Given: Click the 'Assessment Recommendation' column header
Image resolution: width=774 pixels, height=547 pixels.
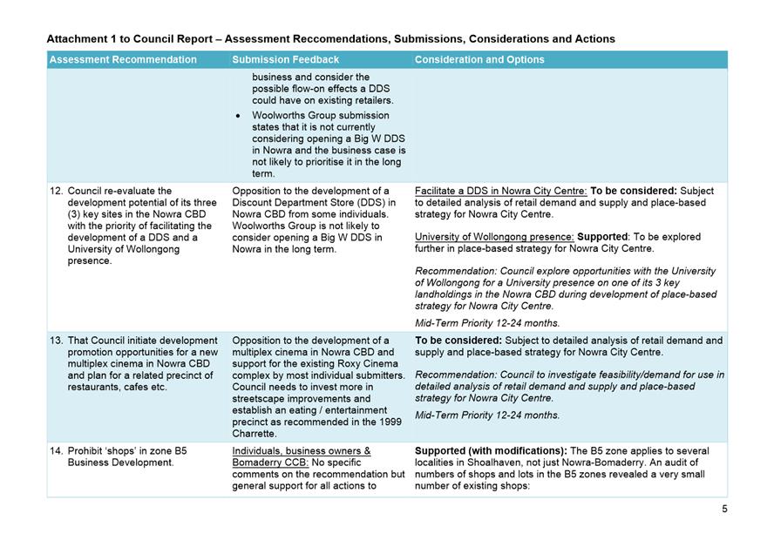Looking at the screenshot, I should click(123, 60).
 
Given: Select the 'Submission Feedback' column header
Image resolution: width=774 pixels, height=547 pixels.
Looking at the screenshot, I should click(285, 60).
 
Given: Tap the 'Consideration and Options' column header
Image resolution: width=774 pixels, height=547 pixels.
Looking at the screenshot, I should click(479, 60).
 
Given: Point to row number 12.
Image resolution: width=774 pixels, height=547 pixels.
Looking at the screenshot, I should click(56, 191).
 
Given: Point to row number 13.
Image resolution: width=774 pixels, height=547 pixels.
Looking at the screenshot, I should click(56, 341).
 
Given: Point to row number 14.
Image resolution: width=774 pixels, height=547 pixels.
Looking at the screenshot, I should click(56, 451).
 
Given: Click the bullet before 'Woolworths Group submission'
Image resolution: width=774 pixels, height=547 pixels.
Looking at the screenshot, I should click(239, 114).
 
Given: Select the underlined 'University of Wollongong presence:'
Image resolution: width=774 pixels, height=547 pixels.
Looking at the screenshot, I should click(488, 237).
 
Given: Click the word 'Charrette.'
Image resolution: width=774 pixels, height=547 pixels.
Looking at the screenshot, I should click(255, 433).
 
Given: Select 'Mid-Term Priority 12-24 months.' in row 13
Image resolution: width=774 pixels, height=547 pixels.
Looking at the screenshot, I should click(487, 415).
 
